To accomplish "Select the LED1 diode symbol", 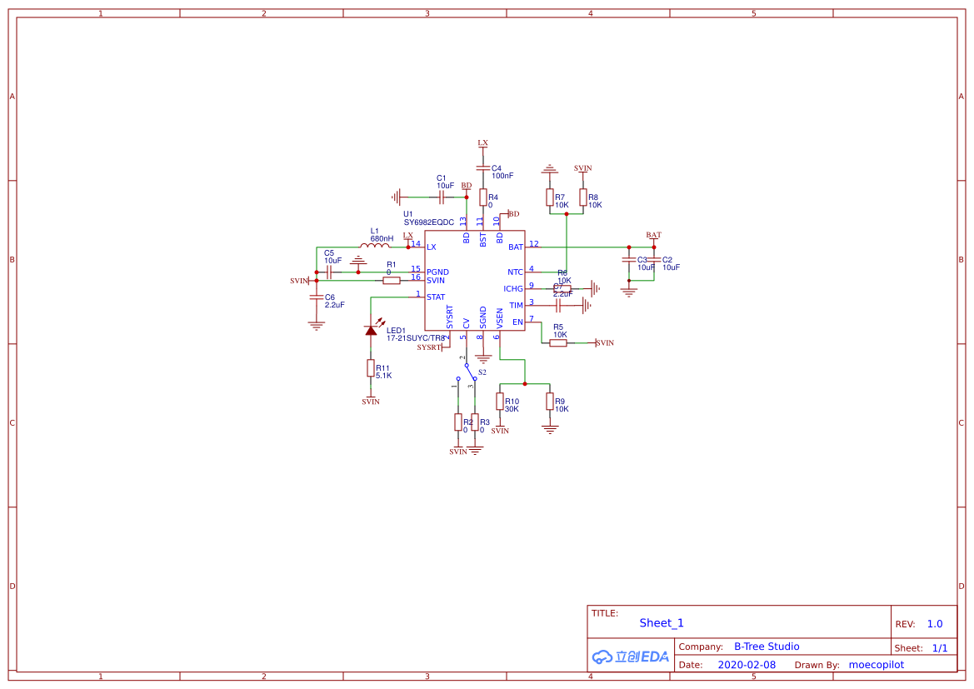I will click(371, 330).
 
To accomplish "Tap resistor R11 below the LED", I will click(371, 368).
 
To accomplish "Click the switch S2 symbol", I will click(467, 372).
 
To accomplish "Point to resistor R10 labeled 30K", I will click(500, 402).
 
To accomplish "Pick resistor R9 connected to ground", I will click(549, 402).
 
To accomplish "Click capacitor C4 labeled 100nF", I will click(483, 168).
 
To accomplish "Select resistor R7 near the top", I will click(549, 197).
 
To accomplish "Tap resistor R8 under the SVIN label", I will click(582, 197).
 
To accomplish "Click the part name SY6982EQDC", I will click(428, 222).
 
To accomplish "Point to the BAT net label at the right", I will click(653, 235).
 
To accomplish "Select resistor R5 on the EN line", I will click(558, 342).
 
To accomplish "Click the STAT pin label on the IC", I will click(435, 297).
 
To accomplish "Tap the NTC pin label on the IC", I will click(515, 272).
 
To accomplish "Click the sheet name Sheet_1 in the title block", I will click(662, 623).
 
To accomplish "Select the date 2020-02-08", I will click(747, 665).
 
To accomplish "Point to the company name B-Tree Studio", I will click(767, 647).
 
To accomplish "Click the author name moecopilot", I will click(876, 665).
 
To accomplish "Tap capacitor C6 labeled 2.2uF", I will click(316, 297).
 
